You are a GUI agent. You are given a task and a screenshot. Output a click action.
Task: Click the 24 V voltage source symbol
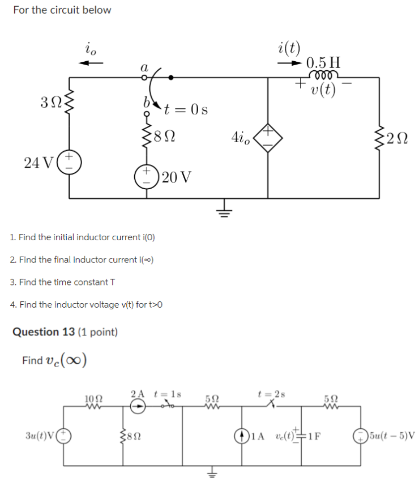tap(71, 163)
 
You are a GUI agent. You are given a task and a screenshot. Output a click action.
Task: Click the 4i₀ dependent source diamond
tap(268, 137)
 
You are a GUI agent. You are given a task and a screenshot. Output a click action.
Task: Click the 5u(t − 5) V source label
tap(392, 436)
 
